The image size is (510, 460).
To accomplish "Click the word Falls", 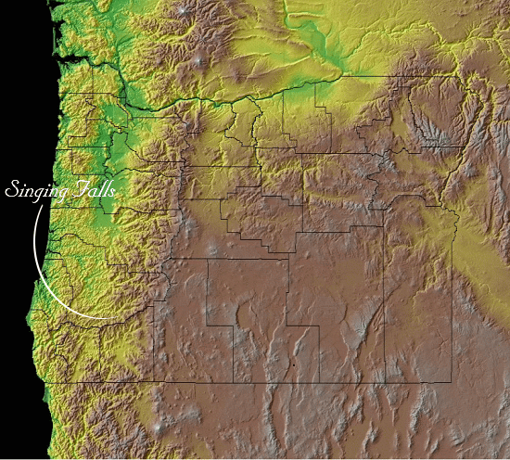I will click(92, 190).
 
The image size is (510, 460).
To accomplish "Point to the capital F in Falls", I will click(76, 188).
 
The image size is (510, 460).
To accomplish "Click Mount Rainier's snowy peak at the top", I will click(191, 12).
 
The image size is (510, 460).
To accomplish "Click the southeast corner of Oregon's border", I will click(452, 381).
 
